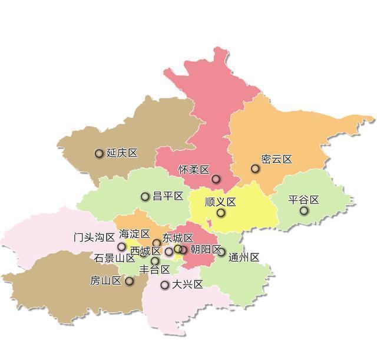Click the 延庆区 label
click(122, 153)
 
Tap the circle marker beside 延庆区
click(99, 154)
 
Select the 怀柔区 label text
click(194, 170)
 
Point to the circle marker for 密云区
click(255, 169)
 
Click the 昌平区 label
click(168, 196)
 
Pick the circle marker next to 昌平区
click(145, 197)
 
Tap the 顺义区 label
click(220, 202)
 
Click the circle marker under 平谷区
click(304, 210)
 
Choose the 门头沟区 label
click(94, 237)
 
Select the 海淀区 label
click(134, 234)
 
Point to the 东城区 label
click(178, 238)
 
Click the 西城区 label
click(145, 251)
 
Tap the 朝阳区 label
click(206, 250)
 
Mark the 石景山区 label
click(114, 258)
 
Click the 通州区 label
click(244, 257)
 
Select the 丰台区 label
click(154, 270)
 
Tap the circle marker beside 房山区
click(129, 281)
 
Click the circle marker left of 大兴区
click(165, 285)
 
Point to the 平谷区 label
click(303, 200)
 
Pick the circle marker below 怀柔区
click(216, 179)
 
